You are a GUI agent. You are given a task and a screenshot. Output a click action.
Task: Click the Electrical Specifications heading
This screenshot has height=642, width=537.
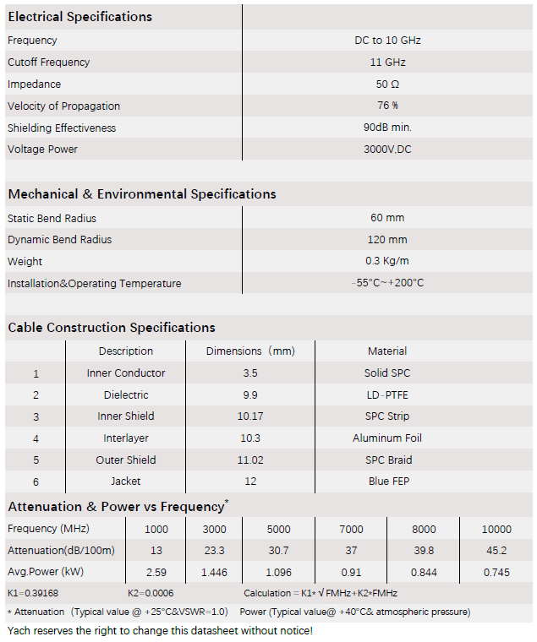80,17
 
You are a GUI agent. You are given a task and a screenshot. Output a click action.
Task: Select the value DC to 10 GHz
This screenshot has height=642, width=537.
387,40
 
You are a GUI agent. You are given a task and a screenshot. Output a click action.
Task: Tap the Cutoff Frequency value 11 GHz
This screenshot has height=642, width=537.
387,62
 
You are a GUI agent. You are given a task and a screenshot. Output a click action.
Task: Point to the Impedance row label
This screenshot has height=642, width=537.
34,84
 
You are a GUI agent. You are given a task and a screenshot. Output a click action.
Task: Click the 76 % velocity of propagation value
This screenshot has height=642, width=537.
387,106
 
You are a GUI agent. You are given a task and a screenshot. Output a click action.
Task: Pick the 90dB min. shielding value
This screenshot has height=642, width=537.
387,128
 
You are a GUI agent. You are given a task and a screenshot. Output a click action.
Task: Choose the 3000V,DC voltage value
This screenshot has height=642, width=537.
387,150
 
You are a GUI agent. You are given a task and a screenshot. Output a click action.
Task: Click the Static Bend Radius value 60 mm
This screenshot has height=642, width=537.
387,218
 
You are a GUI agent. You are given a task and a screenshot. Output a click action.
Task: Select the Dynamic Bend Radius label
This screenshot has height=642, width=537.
59,240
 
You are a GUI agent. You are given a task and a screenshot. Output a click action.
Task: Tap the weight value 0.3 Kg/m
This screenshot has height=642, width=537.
387,261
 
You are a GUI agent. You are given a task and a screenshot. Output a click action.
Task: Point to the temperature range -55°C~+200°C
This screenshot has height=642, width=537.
387,283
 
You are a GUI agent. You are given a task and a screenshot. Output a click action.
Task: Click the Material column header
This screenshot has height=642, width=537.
387,351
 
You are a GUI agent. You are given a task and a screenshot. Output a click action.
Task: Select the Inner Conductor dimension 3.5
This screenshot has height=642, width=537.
249,373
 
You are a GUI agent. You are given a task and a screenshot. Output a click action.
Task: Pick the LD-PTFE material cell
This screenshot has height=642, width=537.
387,394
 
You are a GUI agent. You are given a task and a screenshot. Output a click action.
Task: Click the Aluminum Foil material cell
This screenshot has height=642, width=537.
387,438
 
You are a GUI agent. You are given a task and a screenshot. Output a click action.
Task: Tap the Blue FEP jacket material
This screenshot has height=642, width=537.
387,481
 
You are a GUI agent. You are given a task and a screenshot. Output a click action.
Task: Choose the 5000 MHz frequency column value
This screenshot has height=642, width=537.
278,530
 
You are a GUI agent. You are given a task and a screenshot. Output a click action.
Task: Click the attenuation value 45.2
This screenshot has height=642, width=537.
496,551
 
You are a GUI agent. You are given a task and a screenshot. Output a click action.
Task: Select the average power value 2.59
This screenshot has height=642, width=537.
156,572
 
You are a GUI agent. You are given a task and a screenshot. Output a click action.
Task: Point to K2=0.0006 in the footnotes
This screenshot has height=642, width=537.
151,593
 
